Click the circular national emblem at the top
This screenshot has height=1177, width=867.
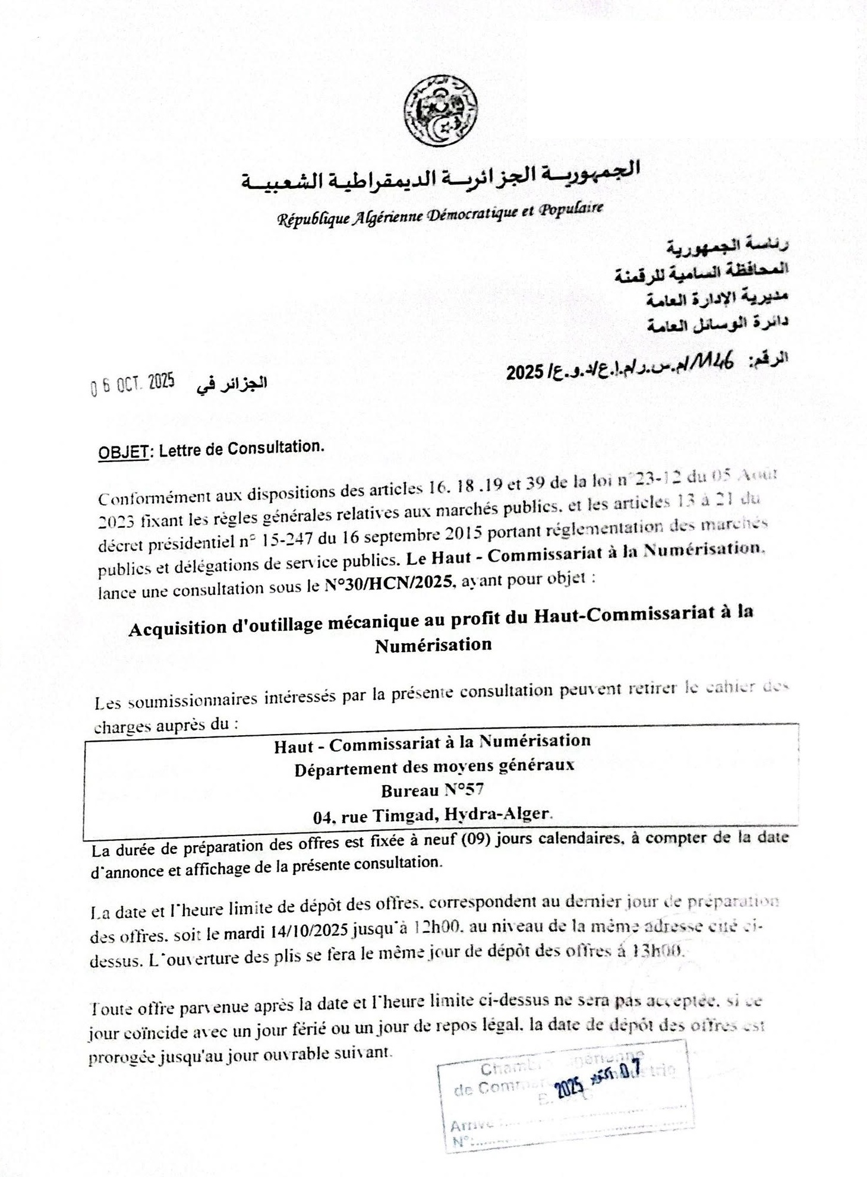(x=440, y=110)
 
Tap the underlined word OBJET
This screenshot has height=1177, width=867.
(x=123, y=453)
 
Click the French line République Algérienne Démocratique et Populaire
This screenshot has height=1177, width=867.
(x=440, y=214)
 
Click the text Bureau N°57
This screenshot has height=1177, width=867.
(x=433, y=790)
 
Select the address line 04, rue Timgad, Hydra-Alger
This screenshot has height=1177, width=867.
(x=433, y=815)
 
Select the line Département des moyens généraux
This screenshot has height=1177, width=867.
(x=434, y=767)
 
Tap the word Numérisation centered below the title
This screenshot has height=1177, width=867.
(x=433, y=645)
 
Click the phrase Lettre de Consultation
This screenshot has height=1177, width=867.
(x=241, y=449)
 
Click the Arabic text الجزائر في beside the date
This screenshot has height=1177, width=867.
(x=232, y=384)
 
